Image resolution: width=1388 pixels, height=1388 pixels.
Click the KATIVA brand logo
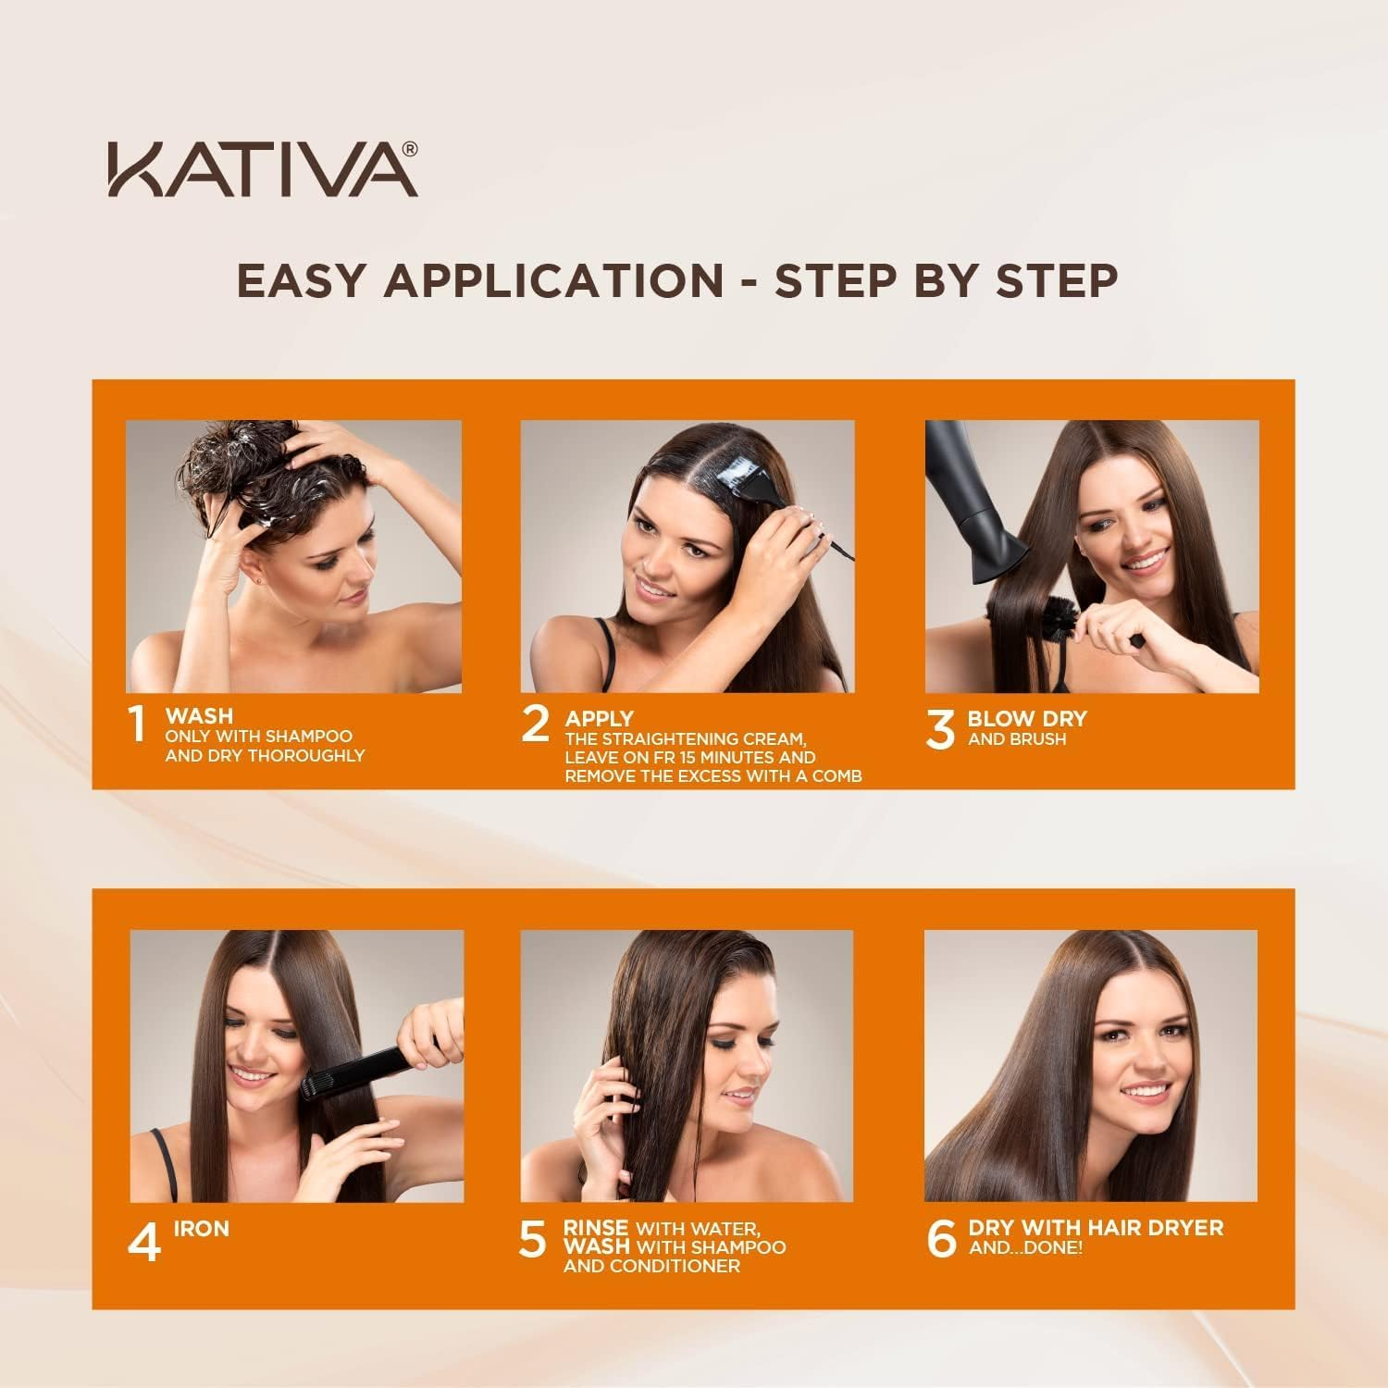259,168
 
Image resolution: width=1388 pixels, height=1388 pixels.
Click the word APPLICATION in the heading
552,280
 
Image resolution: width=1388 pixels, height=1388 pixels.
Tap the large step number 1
138,725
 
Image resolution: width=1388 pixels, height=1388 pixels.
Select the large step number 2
535,725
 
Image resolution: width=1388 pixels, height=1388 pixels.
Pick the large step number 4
143,1242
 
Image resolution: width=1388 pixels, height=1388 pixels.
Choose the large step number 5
533,1241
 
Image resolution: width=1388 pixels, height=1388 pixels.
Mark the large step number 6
940,1241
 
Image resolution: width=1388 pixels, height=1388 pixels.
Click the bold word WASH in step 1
199,716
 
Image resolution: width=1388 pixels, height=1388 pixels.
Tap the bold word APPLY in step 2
599,719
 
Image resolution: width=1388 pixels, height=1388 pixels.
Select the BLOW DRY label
1027,719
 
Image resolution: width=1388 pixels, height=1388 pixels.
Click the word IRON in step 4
201,1229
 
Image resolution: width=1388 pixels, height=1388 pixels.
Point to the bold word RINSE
595,1228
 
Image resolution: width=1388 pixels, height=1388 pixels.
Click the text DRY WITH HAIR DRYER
1095,1228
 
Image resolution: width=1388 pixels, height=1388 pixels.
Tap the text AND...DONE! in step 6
1024,1248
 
